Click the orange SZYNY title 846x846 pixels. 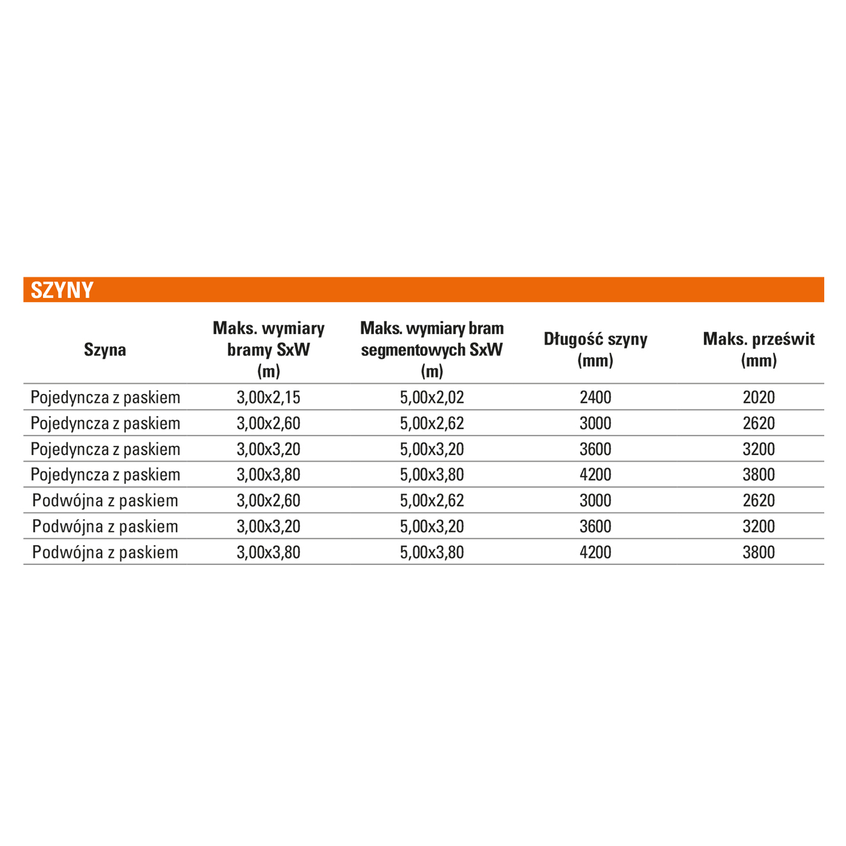[62, 290]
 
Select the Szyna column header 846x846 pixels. [105, 349]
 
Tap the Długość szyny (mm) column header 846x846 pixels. [595, 349]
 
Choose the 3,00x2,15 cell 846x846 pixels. [268, 398]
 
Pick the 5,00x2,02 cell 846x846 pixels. [432, 398]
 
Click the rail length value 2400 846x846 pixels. [595, 398]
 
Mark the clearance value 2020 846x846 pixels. [758, 398]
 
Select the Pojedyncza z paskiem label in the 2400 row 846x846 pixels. [105, 398]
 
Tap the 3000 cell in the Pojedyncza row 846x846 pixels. [595, 423]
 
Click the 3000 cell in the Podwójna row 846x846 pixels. [595, 500]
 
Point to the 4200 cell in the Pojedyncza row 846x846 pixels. [595, 474]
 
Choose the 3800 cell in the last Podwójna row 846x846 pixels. [758, 552]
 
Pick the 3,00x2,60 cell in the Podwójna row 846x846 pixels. [268, 500]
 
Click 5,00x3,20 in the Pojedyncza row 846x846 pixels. [432, 449]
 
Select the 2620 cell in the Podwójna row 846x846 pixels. [758, 500]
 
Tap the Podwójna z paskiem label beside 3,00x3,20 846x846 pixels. [105, 526]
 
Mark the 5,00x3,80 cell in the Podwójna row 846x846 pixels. [432, 552]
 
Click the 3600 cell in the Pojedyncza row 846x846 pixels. [595, 449]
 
